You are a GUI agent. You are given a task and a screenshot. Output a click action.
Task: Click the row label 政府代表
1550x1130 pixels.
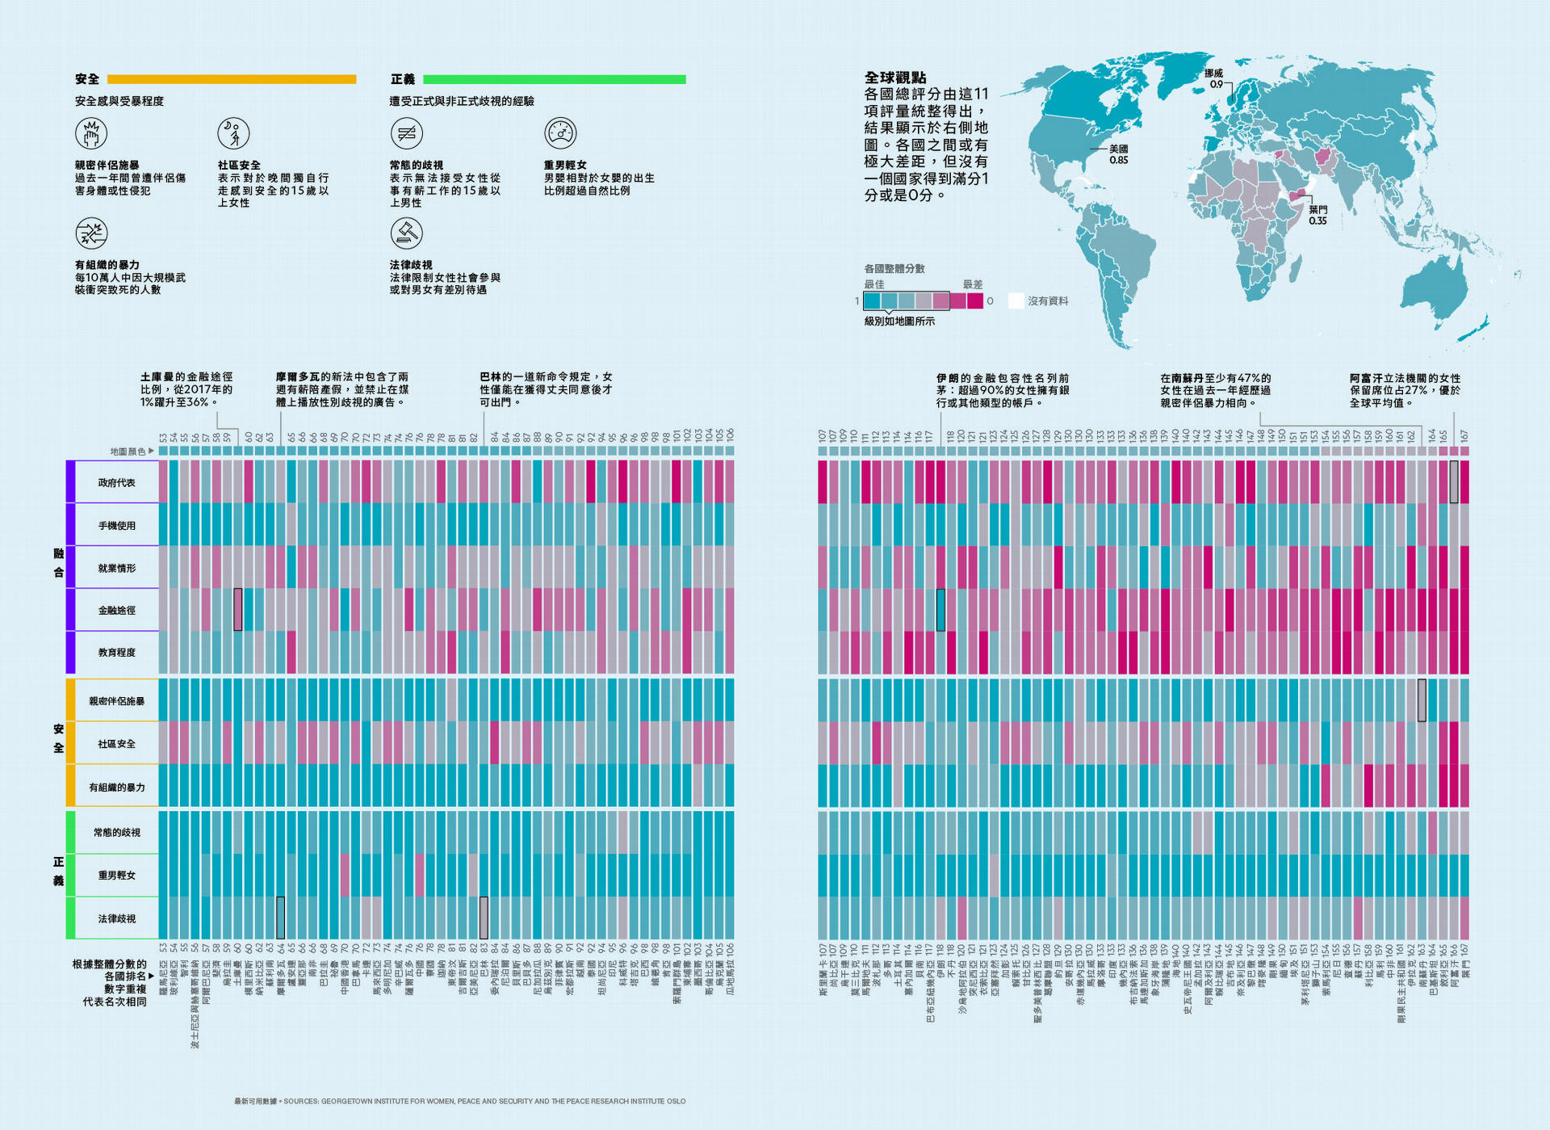tap(116, 483)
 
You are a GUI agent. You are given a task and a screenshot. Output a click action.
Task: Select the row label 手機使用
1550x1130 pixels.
tap(116, 526)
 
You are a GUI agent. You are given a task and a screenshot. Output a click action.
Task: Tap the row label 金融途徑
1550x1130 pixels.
tap(116, 611)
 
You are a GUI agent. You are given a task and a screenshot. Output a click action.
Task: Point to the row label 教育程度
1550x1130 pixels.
tap(116, 653)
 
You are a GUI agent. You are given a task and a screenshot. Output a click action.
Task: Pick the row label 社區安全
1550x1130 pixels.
tap(116, 744)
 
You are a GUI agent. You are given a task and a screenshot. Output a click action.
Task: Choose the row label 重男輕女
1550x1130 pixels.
tap(116, 876)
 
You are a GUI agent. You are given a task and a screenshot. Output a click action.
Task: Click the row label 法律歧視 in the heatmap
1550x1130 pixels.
tap(116, 919)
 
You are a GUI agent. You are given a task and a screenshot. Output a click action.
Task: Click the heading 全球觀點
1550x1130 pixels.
tap(895, 78)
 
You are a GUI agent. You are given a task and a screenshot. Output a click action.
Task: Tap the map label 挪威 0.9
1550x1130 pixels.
tap(1214, 78)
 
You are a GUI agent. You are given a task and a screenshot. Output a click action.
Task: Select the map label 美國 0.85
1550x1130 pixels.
tap(1118, 154)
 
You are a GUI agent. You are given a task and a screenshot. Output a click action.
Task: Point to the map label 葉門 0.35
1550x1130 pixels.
tap(1317, 215)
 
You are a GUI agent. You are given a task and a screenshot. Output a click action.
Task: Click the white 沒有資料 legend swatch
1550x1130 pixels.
tap(1016, 300)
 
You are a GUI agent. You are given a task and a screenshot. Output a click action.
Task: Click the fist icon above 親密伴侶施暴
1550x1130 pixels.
tap(91, 133)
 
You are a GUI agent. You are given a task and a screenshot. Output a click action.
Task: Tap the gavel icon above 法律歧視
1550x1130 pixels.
tap(406, 233)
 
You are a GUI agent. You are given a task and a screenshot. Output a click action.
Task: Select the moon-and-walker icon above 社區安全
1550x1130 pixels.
tap(233, 133)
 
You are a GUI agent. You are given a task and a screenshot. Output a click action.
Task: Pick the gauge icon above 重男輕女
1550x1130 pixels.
tap(560, 133)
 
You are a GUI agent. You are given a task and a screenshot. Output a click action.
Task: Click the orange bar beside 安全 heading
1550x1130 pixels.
tap(232, 79)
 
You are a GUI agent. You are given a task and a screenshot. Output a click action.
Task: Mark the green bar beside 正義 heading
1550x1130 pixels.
tap(554, 79)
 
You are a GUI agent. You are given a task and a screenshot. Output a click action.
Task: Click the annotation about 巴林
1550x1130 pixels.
tap(546, 389)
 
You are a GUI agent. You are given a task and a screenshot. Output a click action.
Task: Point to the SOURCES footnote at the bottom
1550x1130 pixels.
tap(459, 1101)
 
